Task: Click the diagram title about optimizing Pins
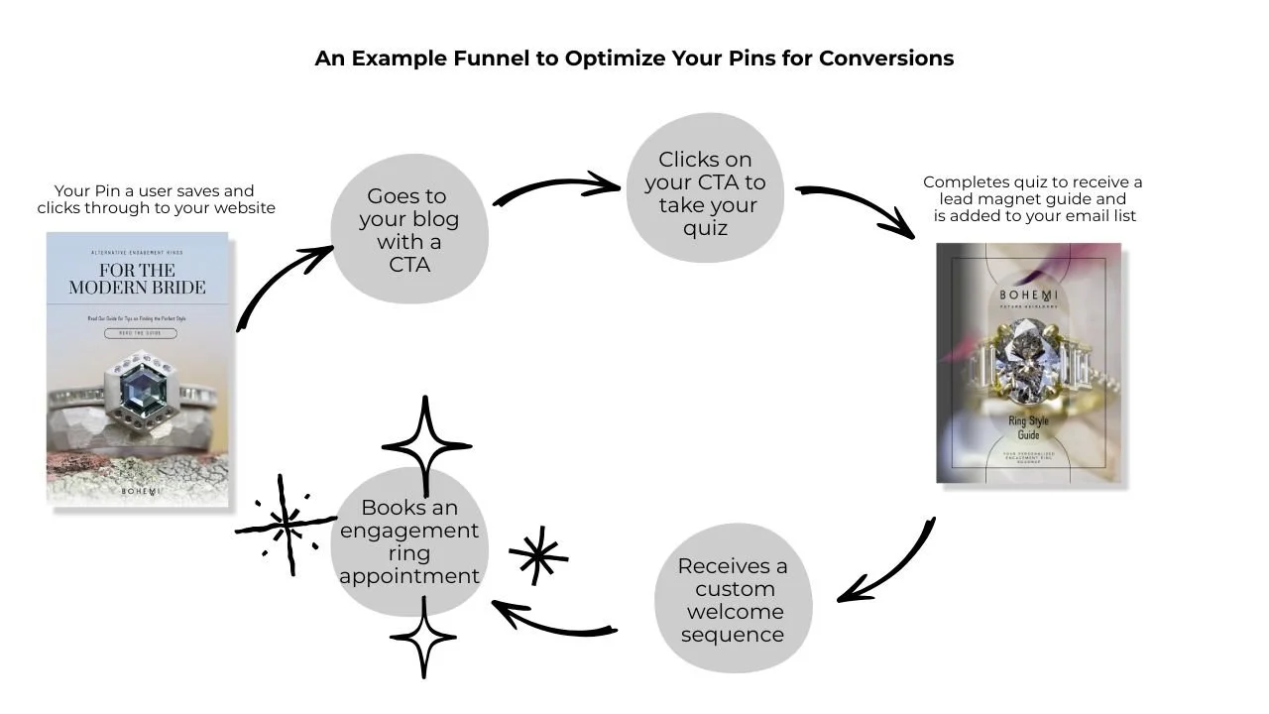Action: click(634, 59)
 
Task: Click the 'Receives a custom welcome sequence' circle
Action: click(733, 599)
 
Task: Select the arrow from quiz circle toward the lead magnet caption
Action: click(859, 208)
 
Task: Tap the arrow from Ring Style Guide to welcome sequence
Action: click(891, 565)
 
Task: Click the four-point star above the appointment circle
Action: click(426, 445)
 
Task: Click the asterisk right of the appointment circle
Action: click(537, 555)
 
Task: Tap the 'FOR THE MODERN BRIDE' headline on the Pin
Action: click(137, 279)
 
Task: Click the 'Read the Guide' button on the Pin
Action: click(140, 334)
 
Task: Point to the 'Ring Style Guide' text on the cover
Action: click(1028, 427)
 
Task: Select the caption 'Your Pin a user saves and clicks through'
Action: click(156, 199)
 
